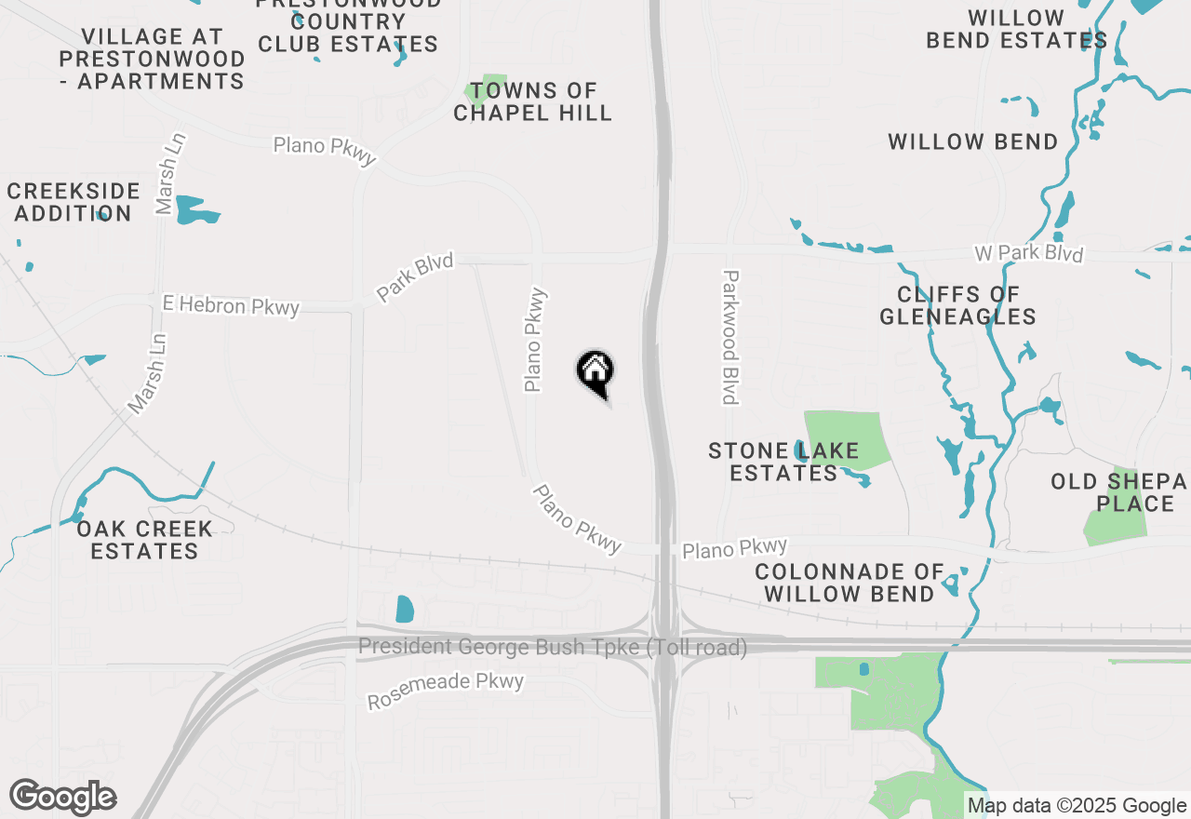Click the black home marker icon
pyautogui.click(x=595, y=370)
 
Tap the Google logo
pyautogui.click(x=63, y=798)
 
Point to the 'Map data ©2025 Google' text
pyautogui.click(x=1077, y=806)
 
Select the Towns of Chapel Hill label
pyautogui.click(x=533, y=102)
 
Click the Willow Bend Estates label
pyautogui.click(x=1016, y=30)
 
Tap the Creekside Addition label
pyautogui.click(x=74, y=202)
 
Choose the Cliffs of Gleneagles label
pyautogui.click(x=957, y=305)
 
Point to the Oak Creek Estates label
pyautogui.click(x=144, y=540)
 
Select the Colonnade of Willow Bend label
pyautogui.click(x=850, y=583)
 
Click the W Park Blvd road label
pyautogui.click(x=1028, y=253)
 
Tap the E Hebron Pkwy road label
pyautogui.click(x=231, y=305)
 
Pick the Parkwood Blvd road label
pyautogui.click(x=730, y=337)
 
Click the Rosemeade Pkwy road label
pyautogui.click(x=446, y=690)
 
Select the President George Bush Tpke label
pyautogui.click(x=553, y=647)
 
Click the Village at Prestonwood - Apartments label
pyautogui.click(x=152, y=59)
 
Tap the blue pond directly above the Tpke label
pyautogui.click(x=405, y=609)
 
